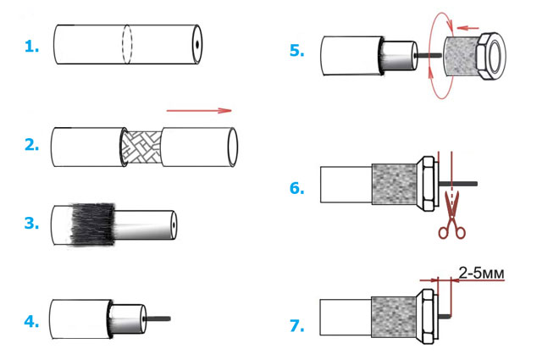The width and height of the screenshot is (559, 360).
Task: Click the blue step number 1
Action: click(30, 47)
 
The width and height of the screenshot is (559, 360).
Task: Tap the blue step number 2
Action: click(30, 145)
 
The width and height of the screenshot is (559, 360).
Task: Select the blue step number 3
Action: click(30, 224)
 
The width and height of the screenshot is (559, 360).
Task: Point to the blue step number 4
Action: click(30, 321)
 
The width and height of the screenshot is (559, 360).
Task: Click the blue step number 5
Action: click(296, 51)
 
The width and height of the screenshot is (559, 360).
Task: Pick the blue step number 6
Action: click(296, 187)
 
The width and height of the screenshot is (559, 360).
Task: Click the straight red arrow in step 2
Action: click(199, 109)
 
